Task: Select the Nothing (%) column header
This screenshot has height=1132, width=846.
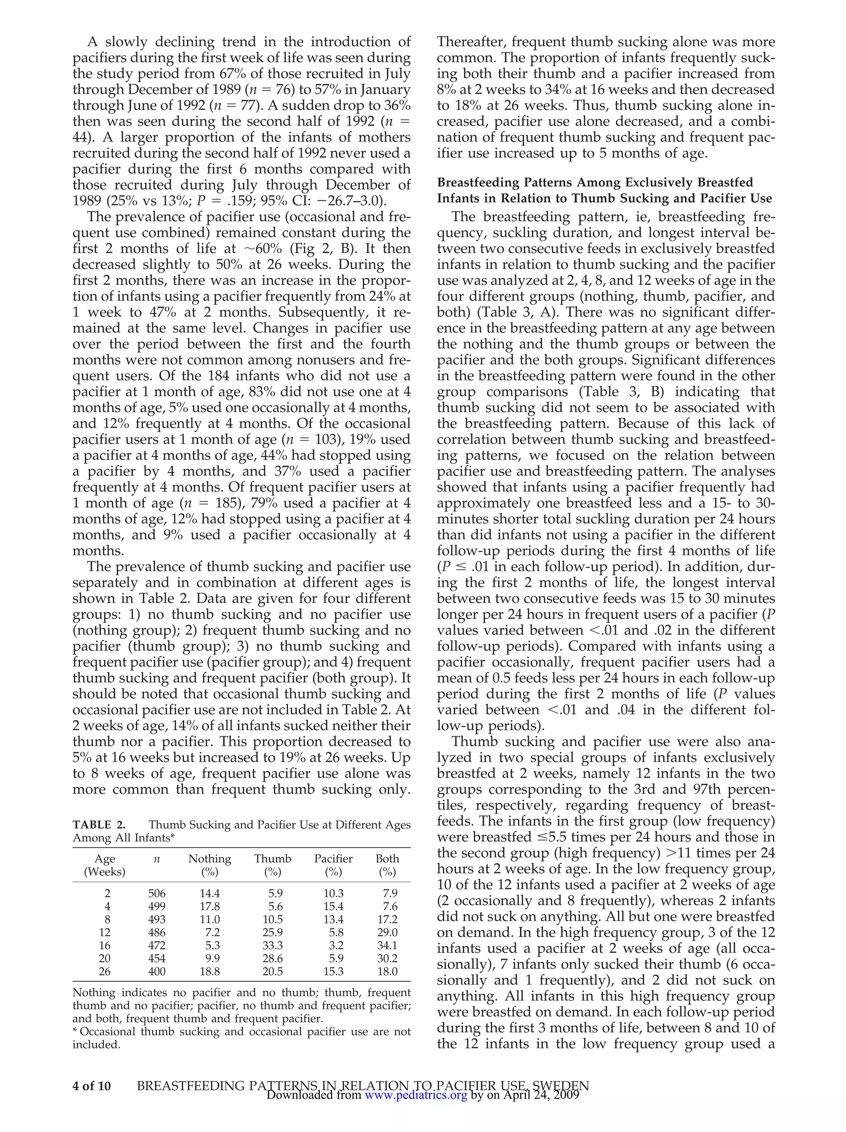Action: coord(209,865)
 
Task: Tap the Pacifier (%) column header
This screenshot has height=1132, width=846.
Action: coord(333,865)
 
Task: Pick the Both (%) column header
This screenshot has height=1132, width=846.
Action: coord(387,865)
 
